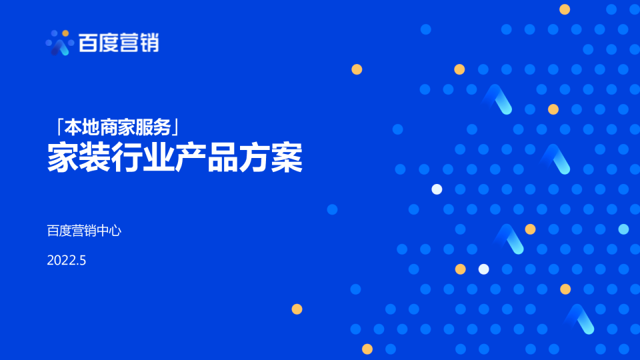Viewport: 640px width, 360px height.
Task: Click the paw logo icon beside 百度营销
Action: [x=59, y=43]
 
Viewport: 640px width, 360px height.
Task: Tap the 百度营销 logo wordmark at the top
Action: [x=119, y=43]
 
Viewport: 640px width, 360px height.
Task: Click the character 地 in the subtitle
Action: [x=91, y=126]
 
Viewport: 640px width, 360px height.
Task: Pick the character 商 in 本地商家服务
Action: [x=109, y=126]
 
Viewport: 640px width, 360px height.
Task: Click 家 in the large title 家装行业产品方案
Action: [x=63, y=158]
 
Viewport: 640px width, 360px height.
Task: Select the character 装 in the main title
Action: [x=95, y=158]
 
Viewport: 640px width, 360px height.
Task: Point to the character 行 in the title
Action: [x=127, y=158]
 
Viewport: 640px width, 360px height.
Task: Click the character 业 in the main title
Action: [x=159, y=158]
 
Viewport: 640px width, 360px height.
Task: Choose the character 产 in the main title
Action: [x=191, y=158]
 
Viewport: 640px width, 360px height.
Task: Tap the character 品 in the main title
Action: [x=223, y=158]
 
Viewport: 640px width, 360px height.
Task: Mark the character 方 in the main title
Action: [x=255, y=158]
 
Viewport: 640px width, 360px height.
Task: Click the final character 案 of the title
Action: [x=287, y=158]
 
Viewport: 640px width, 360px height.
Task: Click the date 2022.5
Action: [x=67, y=261]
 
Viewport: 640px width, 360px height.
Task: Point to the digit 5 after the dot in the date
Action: [x=83, y=261]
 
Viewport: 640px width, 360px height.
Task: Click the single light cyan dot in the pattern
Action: [x=623, y=229]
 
